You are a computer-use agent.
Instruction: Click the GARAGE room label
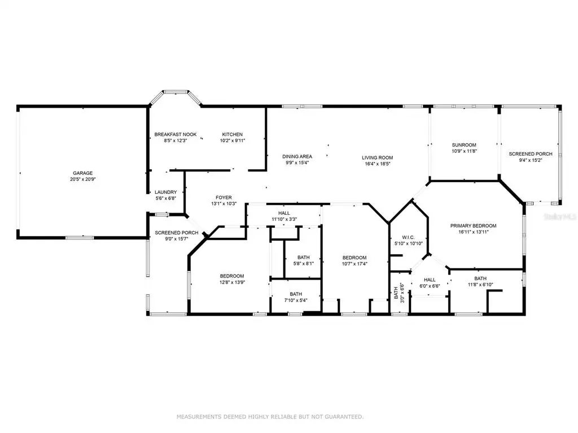pos(82,173)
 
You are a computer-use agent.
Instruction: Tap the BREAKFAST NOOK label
pos(176,134)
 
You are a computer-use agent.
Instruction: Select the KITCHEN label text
pos(232,134)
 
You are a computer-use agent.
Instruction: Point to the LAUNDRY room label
pos(166,192)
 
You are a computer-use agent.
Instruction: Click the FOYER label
pos(224,198)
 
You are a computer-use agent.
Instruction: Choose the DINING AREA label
pos(297,157)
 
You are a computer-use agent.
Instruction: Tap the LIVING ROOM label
pos(378,158)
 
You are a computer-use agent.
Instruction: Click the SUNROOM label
pos(464,145)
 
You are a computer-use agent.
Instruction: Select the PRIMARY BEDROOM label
pos(474,226)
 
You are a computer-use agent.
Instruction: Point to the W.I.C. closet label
pos(409,237)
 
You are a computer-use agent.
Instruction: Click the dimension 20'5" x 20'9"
pos(83,179)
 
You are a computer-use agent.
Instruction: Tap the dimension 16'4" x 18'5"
pos(378,164)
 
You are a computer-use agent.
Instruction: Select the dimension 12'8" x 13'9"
pos(232,282)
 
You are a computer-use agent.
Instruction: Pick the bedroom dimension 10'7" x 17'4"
pos(354,264)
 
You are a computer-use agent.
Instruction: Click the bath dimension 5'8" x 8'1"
pos(304,264)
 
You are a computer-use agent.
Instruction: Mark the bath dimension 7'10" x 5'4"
pos(296,301)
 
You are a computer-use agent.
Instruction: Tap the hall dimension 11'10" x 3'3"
pos(284,219)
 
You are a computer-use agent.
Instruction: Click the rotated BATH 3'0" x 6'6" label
pos(399,293)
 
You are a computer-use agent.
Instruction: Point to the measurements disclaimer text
pos(270,417)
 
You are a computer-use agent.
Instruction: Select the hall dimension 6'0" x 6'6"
pos(430,286)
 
